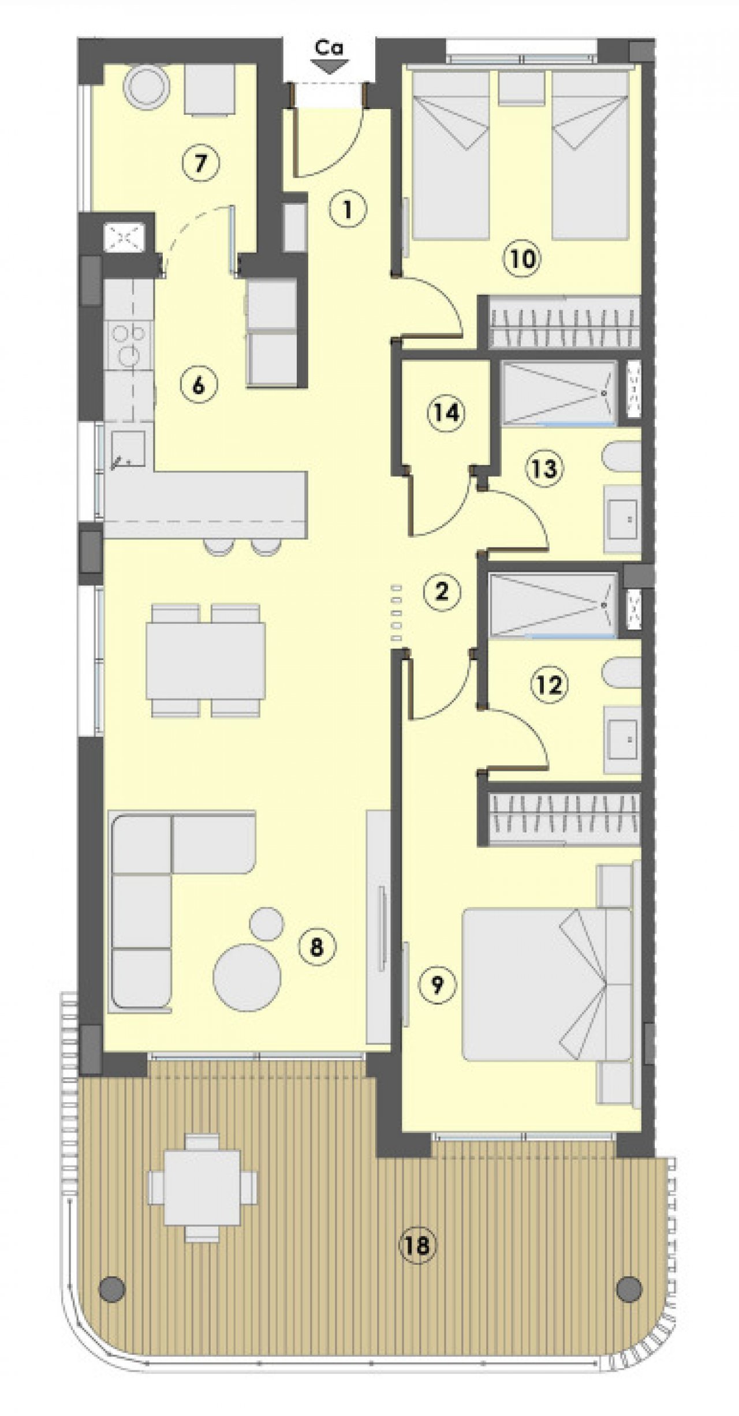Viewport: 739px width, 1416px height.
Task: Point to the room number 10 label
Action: (x=522, y=259)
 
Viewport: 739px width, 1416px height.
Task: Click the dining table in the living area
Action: (x=206, y=660)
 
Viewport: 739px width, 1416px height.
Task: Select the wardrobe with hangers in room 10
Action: (x=565, y=322)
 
